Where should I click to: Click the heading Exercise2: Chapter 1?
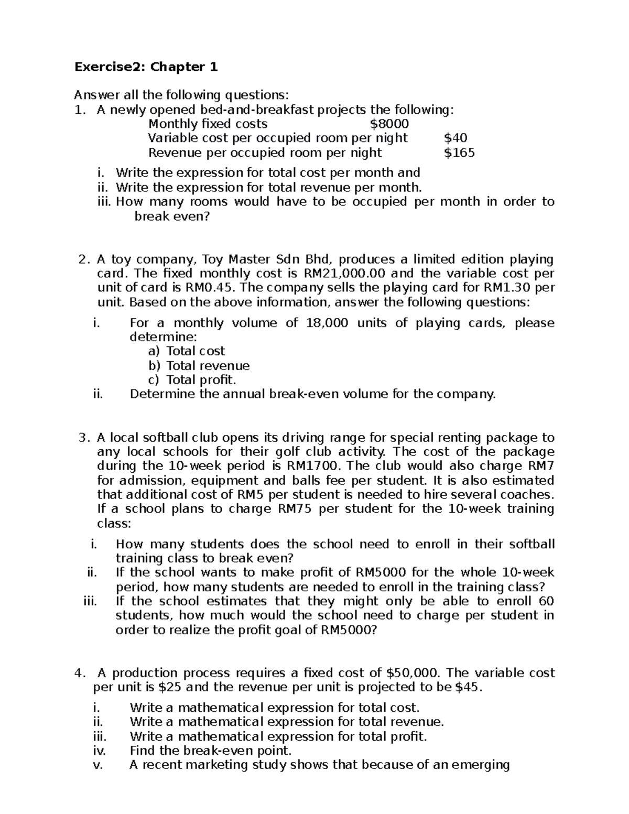tap(146, 67)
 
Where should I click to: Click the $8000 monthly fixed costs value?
tap(389, 124)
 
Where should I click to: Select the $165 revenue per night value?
tap(459, 153)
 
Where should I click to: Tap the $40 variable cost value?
tap(456, 138)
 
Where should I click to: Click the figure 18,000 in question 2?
tap(326, 323)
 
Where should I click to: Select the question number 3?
tap(82, 438)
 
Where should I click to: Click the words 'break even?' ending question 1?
tap(171, 216)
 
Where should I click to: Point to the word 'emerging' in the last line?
tap(483, 765)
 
